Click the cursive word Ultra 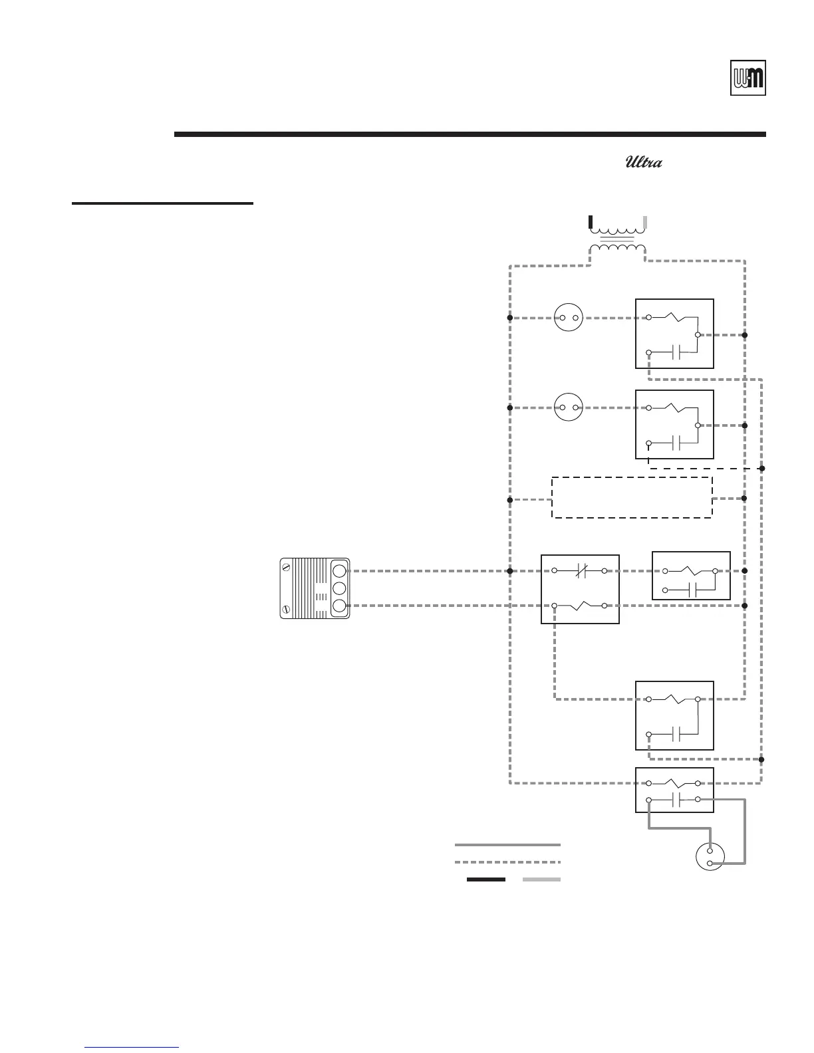point(643,162)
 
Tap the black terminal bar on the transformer point(591,222)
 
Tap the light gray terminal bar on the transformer point(645,222)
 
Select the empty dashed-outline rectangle point(632,497)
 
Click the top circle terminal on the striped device point(339,570)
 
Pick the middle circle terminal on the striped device point(339,588)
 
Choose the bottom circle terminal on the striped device point(339,606)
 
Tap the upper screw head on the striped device point(286,567)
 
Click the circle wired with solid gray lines point(710,857)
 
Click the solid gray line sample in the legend point(507,845)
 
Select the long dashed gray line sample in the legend point(507,862)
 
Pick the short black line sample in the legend point(485,879)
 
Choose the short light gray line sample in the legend point(541,879)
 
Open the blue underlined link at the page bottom point(132,1048)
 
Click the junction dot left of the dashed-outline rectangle point(510,499)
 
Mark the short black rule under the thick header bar point(162,203)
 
